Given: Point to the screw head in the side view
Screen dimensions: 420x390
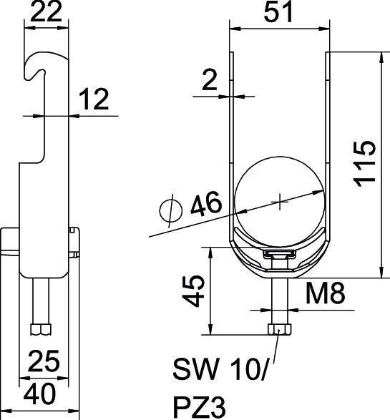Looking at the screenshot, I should click(40, 328).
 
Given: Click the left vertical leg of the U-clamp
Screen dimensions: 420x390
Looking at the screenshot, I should click(230, 143).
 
